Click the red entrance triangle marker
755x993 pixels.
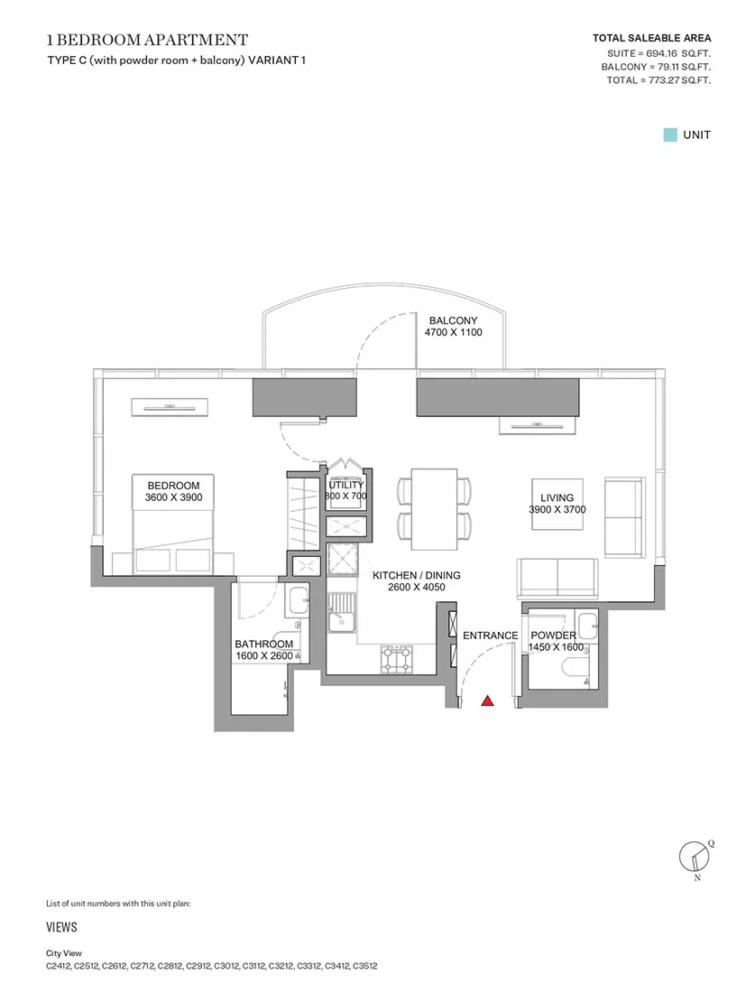point(487,701)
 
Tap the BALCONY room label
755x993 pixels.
point(453,320)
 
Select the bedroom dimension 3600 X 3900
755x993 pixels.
point(173,497)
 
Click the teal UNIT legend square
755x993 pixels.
point(670,135)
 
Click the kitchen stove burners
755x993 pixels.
point(397,659)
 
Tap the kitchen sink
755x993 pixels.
point(342,611)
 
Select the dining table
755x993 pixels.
point(434,509)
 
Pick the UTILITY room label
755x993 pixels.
point(346,485)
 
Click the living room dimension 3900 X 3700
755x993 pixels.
point(557,509)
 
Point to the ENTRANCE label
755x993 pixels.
point(491,636)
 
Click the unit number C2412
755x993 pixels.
point(59,967)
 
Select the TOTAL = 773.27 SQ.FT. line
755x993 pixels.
point(658,80)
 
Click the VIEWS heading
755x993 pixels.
point(61,927)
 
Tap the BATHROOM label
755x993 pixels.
point(264,644)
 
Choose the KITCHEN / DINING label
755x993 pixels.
point(417,575)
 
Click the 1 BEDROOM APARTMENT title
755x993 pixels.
point(147,40)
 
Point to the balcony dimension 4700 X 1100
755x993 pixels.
point(453,332)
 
